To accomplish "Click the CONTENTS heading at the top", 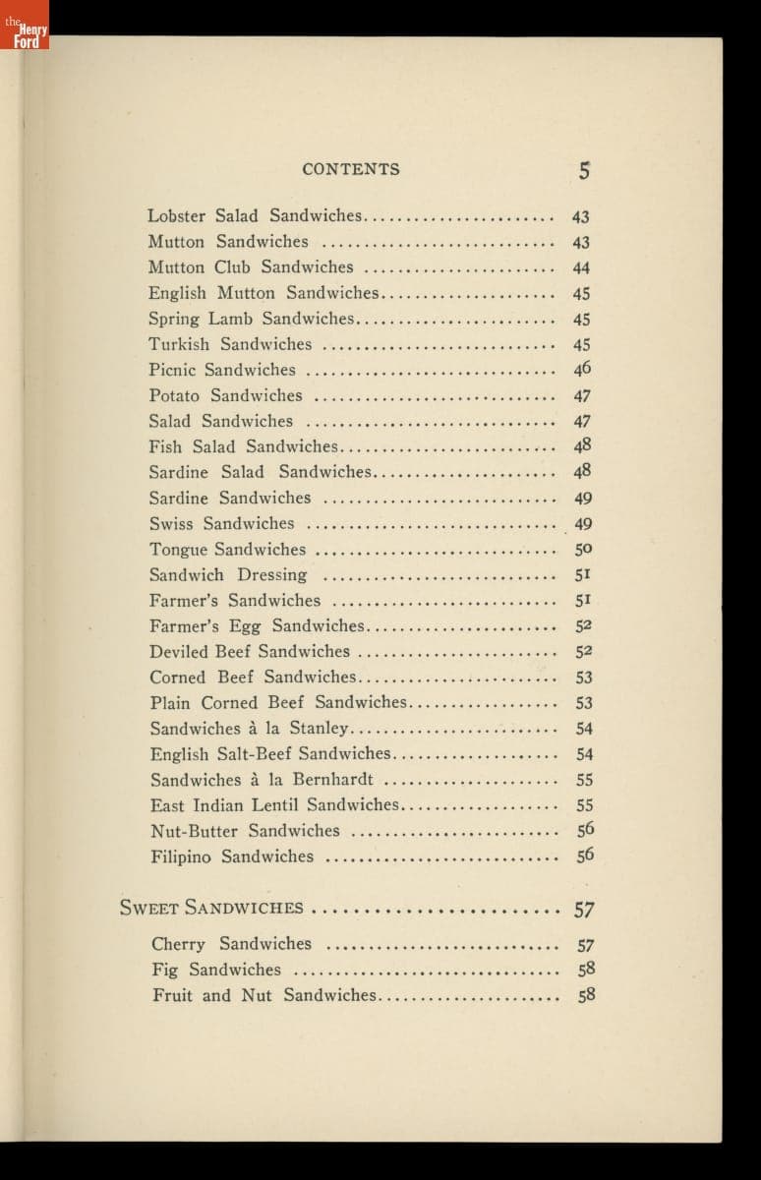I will click(x=351, y=169).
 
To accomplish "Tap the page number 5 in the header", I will click(x=584, y=170).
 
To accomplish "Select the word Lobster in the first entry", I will click(x=176, y=215).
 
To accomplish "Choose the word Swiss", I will click(x=171, y=523).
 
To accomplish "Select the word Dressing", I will click(x=272, y=575).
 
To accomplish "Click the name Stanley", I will click(x=319, y=729).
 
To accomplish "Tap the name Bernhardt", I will click(x=332, y=780).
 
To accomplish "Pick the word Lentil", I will click(x=271, y=805).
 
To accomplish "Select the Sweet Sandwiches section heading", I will click(x=211, y=908).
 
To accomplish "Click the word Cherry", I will click(x=179, y=944).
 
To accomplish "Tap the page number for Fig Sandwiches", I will click(x=586, y=970).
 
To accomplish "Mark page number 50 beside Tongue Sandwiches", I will click(x=583, y=550).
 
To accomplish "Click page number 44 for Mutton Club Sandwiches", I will click(x=581, y=267).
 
